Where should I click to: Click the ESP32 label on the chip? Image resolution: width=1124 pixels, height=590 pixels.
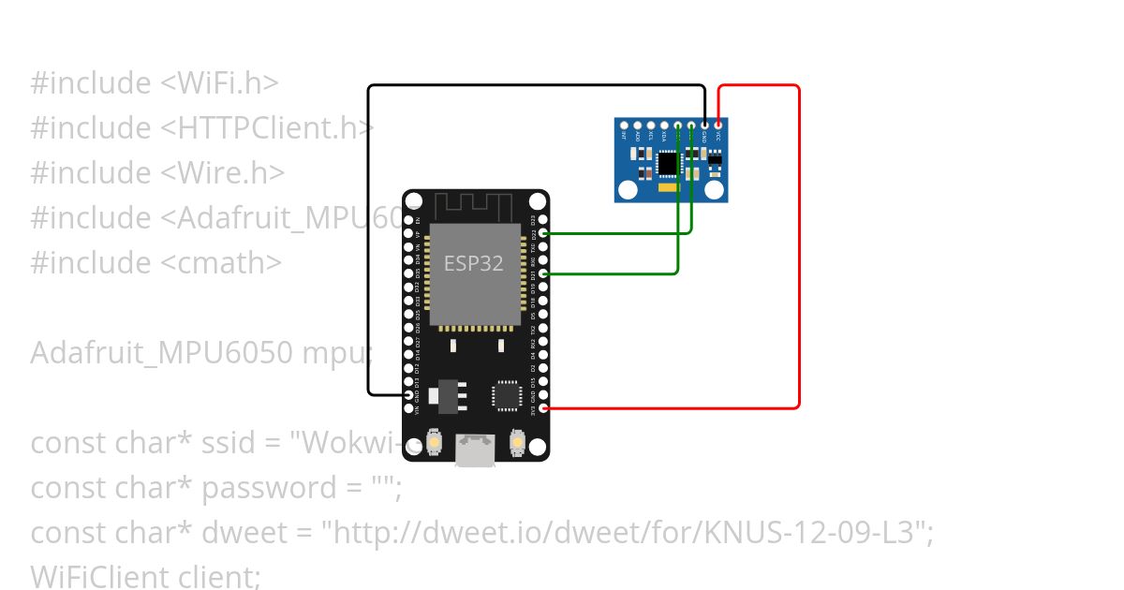click(473, 264)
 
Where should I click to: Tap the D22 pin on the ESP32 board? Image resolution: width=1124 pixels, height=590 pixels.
click(544, 232)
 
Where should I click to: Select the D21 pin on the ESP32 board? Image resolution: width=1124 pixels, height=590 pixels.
click(544, 273)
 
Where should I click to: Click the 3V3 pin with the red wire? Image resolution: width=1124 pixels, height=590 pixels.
click(544, 408)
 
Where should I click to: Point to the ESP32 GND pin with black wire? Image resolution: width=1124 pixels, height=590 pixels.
click(407, 395)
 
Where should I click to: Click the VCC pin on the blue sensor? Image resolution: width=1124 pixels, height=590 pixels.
click(718, 124)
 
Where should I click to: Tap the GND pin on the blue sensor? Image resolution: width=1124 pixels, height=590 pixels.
click(704, 124)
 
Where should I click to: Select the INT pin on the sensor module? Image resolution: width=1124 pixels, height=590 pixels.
click(624, 124)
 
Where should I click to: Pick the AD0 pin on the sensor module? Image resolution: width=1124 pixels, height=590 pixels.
click(638, 124)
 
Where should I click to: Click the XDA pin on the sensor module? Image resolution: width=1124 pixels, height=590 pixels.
click(664, 124)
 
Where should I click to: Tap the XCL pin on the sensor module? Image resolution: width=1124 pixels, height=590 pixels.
click(651, 124)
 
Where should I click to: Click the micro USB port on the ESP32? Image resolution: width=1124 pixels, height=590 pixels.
click(475, 450)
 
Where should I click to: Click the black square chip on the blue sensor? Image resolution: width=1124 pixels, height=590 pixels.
click(667, 164)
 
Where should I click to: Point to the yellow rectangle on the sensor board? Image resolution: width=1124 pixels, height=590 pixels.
click(669, 188)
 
